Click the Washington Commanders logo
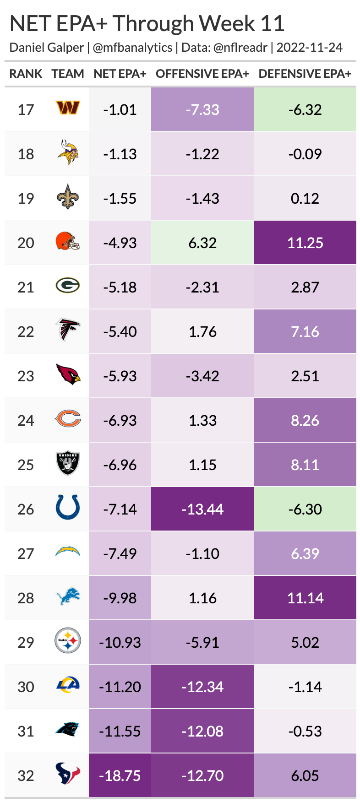pyautogui.click(x=68, y=108)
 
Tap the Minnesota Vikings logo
pyautogui.click(x=68, y=153)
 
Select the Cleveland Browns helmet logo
pyautogui.click(x=68, y=241)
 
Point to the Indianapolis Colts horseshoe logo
pyautogui.click(x=68, y=508)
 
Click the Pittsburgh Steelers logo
pyautogui.click(x=68, y=641)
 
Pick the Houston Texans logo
pyautogui.click(x=68, y=774)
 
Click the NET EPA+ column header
pyautogui.click(x=120, y=74)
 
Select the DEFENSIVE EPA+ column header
pyautogui.click(x=305, y=74)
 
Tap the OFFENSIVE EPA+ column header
pyautogui.click(x=202, y=74)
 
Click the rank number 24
pyautogui.click(x=26, y=420)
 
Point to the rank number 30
pyautogui.click(x=26, y=687)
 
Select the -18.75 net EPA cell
pyautogui.click(x=120, y=775)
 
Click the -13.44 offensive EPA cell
pyautogui.click(x=202, y=509)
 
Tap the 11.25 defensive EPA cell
pyautogui.click(x=305, y=243)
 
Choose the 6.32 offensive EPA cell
pyautogui.click(x=202, y=243)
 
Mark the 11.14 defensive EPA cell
pyautogui.click(x=305, y=598)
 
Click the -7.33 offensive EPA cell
pyautogui.click(x=202, y=109)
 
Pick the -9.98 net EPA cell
pyautogui.click(x=120, y=598)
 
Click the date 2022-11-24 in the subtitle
pyautogui.click(x=310, y=48)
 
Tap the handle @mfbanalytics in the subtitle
pyautogui.click(x=132, y=48)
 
